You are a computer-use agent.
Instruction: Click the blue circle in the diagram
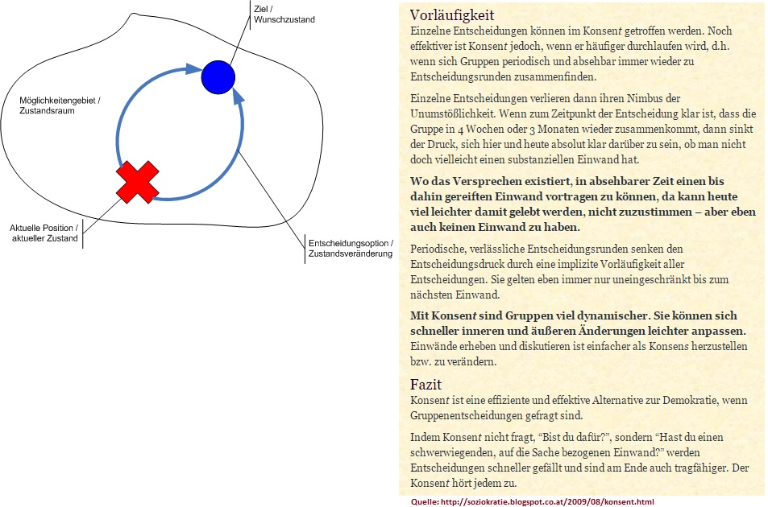(218, 77)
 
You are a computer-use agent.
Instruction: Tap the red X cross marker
(138, 182)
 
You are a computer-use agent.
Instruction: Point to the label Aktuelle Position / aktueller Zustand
(44, 232)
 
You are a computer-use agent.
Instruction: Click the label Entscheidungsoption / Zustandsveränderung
(351, 248)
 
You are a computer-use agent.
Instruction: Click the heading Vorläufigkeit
(451, 15)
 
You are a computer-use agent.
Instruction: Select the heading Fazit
(426, 385)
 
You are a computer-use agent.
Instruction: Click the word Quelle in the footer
(424, 501)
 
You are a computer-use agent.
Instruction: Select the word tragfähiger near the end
(694, 467)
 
